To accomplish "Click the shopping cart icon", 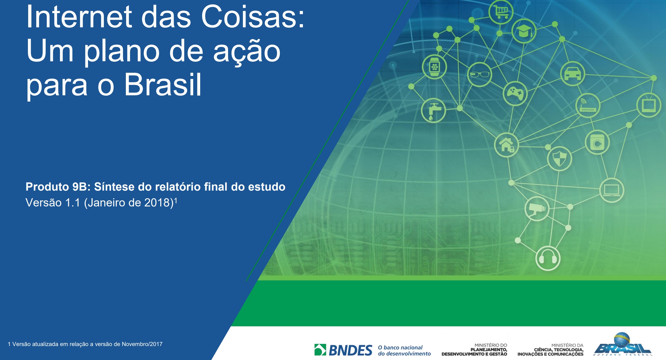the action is [501, 12].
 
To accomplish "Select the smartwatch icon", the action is [434, 67].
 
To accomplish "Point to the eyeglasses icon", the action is [480, 74].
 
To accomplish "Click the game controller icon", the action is [515, 93].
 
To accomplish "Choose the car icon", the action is [573, 74].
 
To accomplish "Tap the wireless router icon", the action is [588, 106].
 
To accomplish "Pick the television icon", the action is [649, 105].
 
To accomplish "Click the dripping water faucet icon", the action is [433, 110].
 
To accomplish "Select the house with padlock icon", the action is [506, 145].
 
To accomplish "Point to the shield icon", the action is [559, 159].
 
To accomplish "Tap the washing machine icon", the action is [597, 142].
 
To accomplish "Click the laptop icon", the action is [612, 190].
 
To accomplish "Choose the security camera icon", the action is [537, 209].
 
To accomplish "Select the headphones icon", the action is [548, 258].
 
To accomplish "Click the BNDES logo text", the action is [350, 350].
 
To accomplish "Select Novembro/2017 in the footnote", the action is [142, 344].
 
